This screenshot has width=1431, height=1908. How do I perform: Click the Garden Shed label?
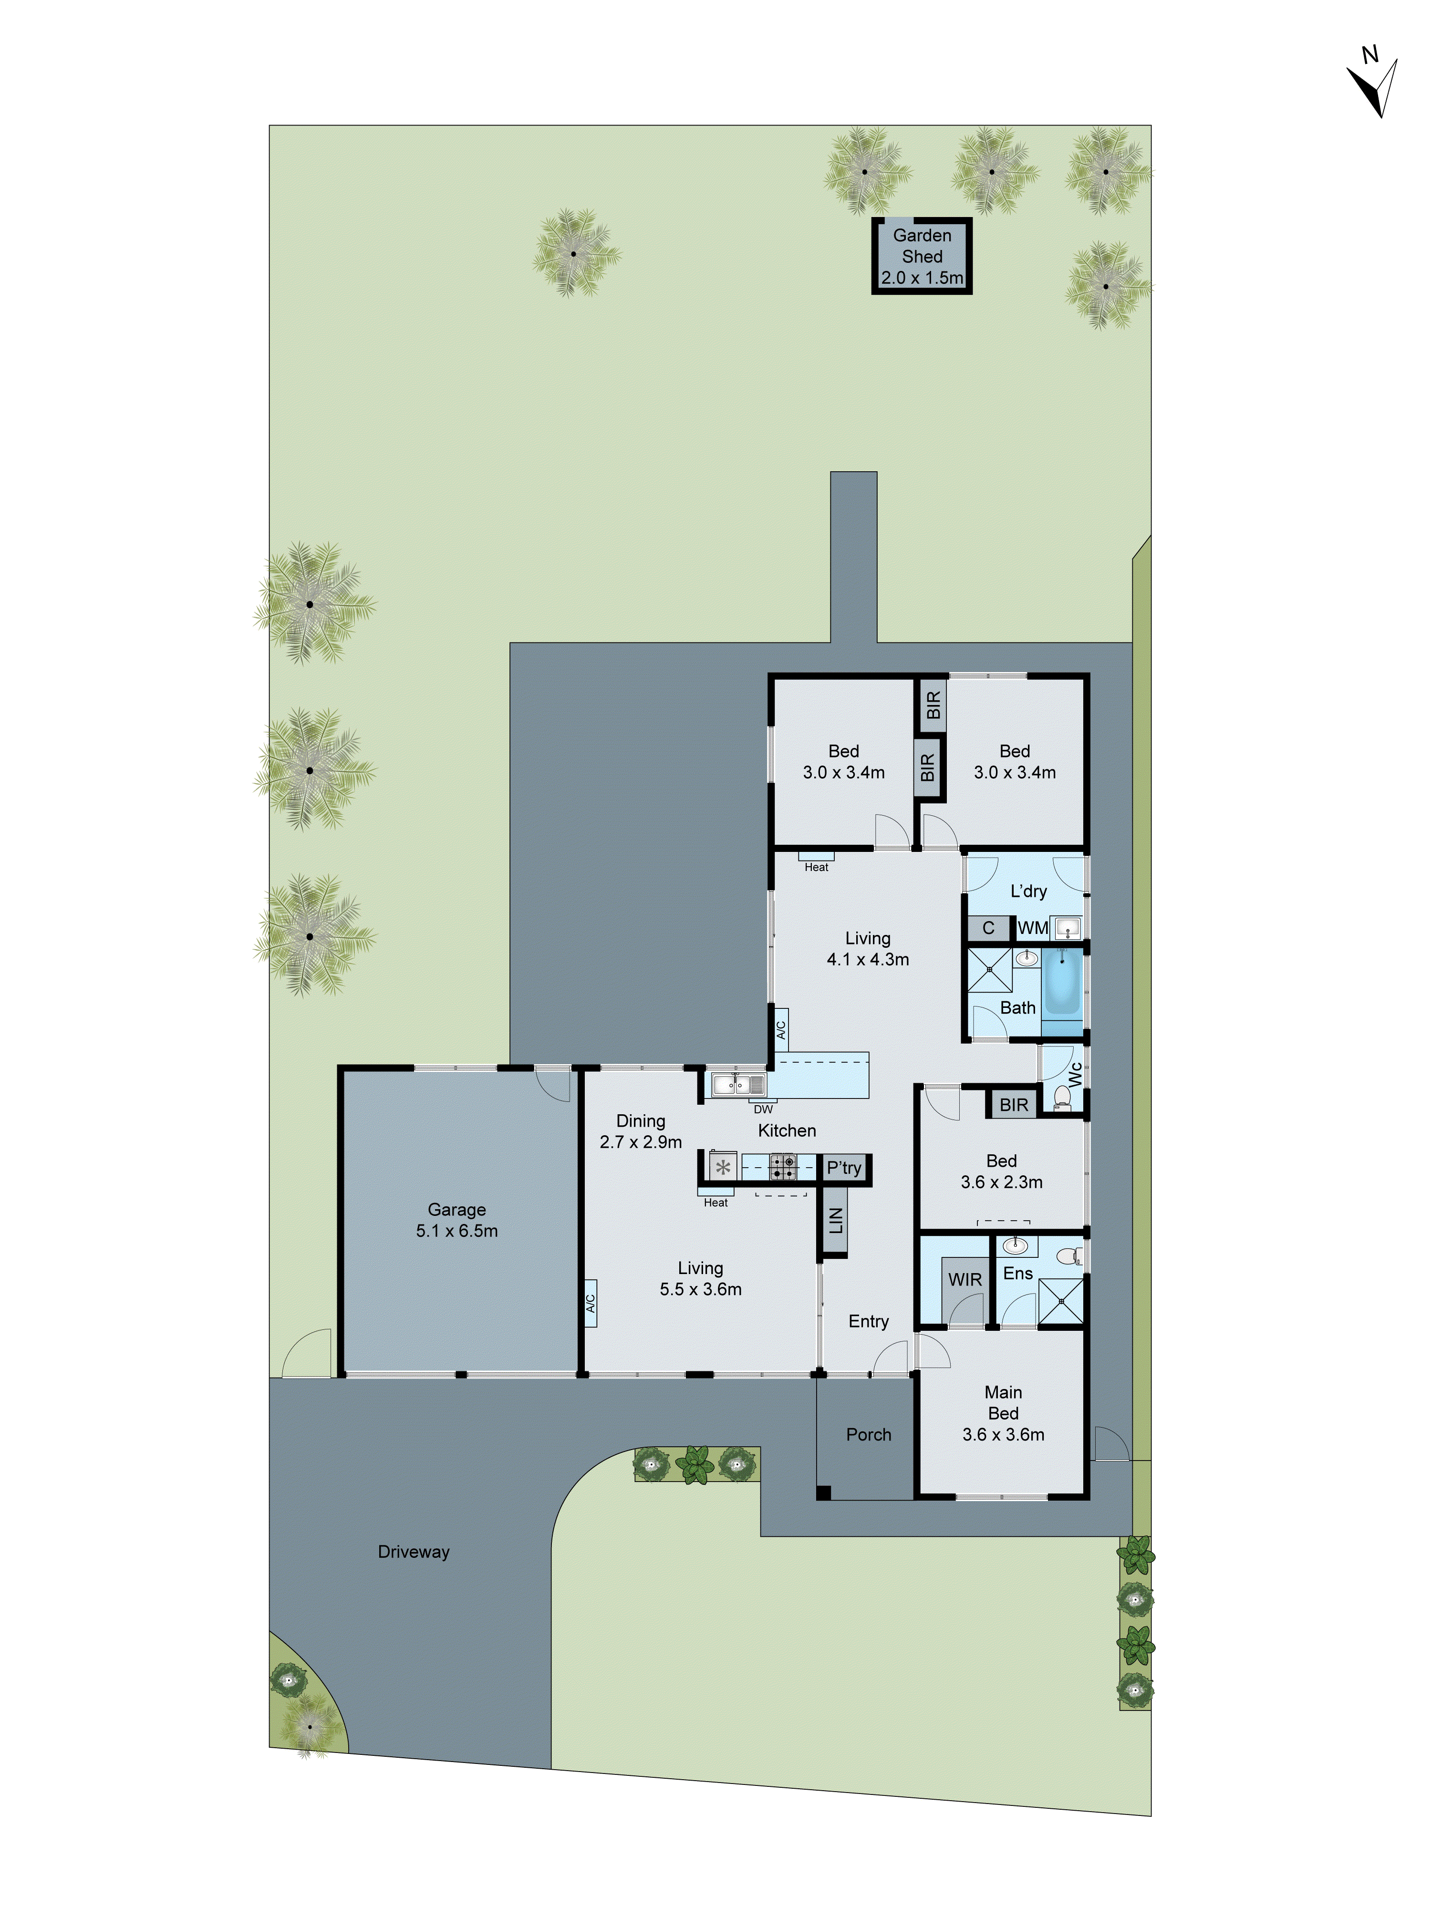pyautogui.click(x=921, y=256)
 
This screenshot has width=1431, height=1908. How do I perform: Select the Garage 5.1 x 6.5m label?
pyautogui.click(x=456, y=1220)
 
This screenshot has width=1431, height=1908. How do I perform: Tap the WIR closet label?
pyautogui.click(x=964, y=1279)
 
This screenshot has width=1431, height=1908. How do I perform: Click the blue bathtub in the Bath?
pyautogui.click(x=1062, y=982)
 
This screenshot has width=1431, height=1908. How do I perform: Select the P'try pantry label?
pyautogui.click(x=844, y=1168)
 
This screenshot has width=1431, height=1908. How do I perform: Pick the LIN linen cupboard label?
pyautogui.click(x=835, y=1220)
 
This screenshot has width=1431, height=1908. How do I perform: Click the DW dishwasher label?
pyautogui.click(x=763, y=1109)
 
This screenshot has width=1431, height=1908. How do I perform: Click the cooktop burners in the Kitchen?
pyautogui.click(x=782, y=1167)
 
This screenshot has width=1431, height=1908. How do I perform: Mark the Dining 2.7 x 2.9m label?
pyautogui.click(x=640, y=1131)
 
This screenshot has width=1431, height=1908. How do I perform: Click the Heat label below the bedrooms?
pyautogui.click(x=816, y=867)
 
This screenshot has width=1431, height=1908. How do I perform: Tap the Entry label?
pyautogui.click(x=868, y=1321)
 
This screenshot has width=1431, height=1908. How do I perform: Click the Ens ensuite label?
pyautogui.click(x=1018, y=1273)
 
